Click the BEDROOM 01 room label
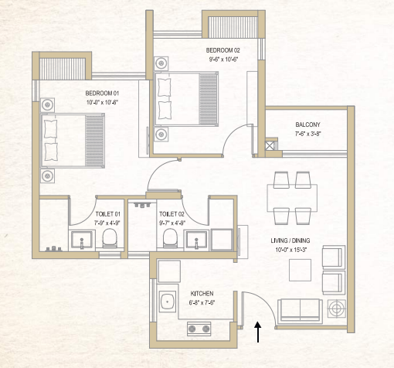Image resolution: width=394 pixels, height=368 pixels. (x=102, y=92)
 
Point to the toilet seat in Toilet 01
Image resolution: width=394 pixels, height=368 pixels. (x=110, y=237)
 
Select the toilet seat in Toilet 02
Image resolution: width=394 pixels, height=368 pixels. (x=173, y=237)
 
